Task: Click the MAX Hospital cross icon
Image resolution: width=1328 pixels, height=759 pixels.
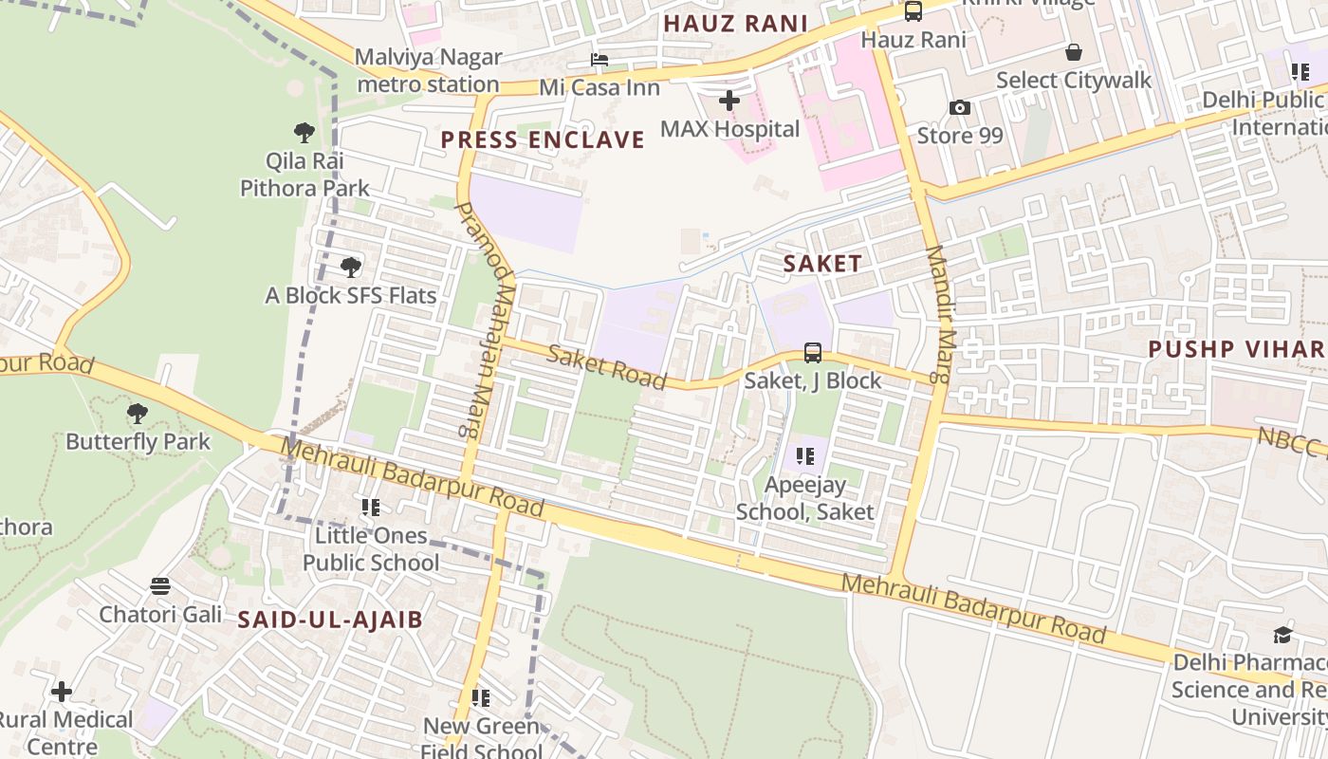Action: point(729,100)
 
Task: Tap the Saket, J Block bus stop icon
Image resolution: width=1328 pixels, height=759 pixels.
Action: point(813,353)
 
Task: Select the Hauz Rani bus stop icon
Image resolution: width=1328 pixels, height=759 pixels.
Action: point(913,11)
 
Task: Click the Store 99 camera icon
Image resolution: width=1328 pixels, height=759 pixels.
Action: point(960,108)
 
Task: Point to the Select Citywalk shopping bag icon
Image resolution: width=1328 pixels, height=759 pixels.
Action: point(1074,52)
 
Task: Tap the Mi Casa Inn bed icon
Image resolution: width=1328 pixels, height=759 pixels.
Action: point(599,60)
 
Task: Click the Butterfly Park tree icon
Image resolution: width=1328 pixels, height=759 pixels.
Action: point(138,414)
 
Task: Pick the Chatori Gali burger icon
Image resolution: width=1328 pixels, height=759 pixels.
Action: point(160,586)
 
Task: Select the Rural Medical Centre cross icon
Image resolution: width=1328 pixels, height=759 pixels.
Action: point(62,692)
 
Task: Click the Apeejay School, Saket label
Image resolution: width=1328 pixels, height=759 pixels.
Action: point(805,499)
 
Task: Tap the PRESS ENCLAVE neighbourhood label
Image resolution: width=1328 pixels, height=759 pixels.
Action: point(543,140)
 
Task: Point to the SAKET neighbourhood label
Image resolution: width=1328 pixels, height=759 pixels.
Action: point(822,265)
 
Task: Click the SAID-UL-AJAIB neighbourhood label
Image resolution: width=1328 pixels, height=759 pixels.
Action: point(330,620)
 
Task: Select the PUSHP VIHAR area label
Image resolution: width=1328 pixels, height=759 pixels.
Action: point(1236,349)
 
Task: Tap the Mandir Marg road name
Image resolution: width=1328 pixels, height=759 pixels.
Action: point(937,313)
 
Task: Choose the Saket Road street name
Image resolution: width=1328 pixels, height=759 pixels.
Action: point(607,367)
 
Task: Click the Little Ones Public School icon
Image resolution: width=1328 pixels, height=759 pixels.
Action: point(370,508)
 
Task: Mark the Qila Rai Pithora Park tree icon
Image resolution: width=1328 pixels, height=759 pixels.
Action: point(304,133)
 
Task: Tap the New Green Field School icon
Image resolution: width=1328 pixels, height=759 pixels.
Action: point(481,698)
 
